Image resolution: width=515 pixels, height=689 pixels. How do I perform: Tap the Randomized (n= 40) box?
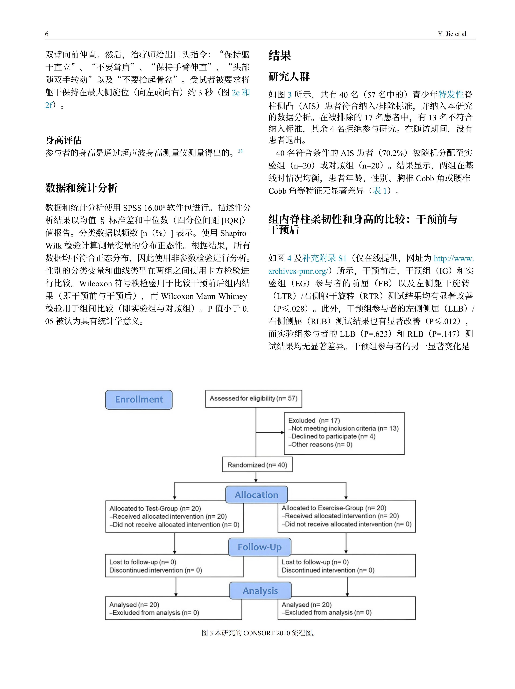pyautogui.click(x=257, y=465)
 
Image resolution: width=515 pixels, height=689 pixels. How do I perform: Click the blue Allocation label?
pyautogui.click(x=257, y=495)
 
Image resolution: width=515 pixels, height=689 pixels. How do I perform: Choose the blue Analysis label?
pyautogui.click(x=260, y=591)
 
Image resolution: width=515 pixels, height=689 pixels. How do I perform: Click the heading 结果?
pyautogui.click(x=280, y=55)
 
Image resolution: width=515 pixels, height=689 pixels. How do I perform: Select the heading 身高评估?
pyautogui.click(x=64, y=140)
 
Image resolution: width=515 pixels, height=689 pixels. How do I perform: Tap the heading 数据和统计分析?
pyautogui.click(x=81, y=188)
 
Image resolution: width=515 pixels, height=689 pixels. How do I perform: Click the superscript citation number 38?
pyautogui.click(x=240, y=151)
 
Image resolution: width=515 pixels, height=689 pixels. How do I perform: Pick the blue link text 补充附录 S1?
pyautogui.click(x=324, y=258)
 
